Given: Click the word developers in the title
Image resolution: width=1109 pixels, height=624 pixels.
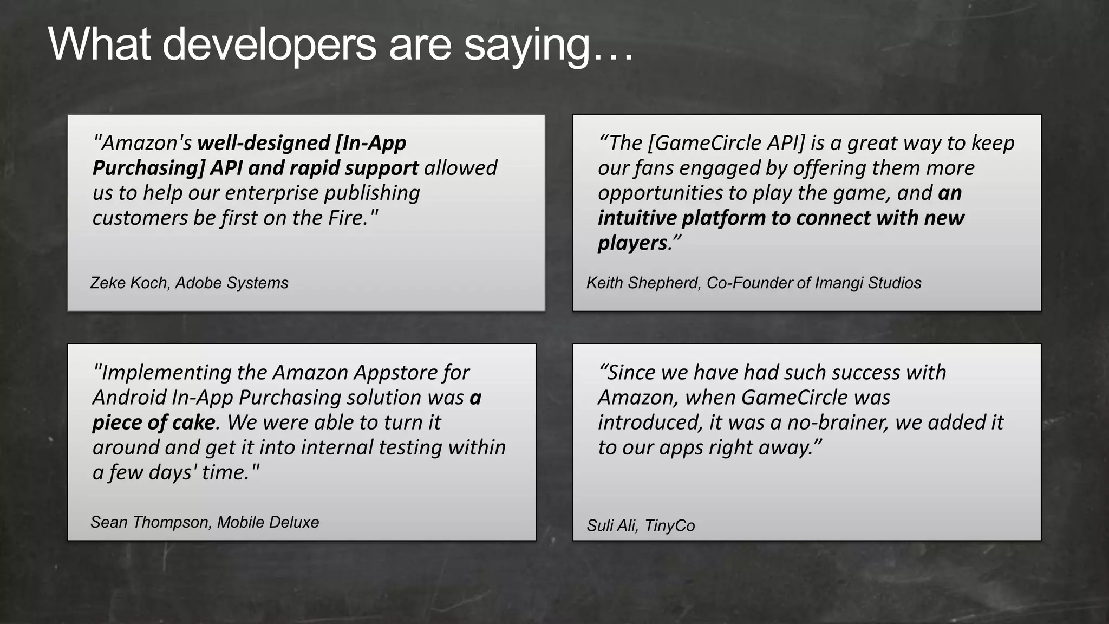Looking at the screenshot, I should pyautogui.click(x=269, y=44).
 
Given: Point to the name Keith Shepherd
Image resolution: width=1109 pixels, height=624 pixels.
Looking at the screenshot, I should pyautogui.click(x=643, y=283).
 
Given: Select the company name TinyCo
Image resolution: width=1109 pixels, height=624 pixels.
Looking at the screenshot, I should pyautogui.click(x=670, y=525).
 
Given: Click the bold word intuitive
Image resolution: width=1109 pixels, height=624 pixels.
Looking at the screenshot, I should pyautogui.click(x=637, y=218).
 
